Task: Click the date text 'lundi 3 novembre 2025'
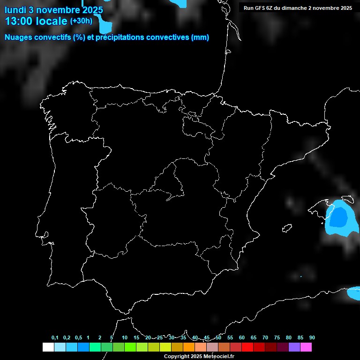(x=54, y=9)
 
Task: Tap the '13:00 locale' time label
(x=36, y=21)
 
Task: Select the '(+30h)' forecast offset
(x=81, y=21)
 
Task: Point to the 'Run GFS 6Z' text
(x=261, y=8)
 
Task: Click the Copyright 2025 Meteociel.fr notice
(x=199, y=356)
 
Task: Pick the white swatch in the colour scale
(x=48, y=347)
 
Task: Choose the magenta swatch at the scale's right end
(x=306, y=347)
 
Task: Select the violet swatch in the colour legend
(x=294, y=347)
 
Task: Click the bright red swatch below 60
(x=247, y=347)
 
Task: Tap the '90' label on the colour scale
(x=312, y=338)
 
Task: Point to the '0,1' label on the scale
(x=55, y=338)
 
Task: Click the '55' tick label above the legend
(x=230, y=338)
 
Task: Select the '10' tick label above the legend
(x=125, y=338)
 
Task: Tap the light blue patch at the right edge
(x=354, y=293)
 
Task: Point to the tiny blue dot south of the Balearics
(x=301, y=276)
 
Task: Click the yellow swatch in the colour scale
(x=165, y=347)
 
